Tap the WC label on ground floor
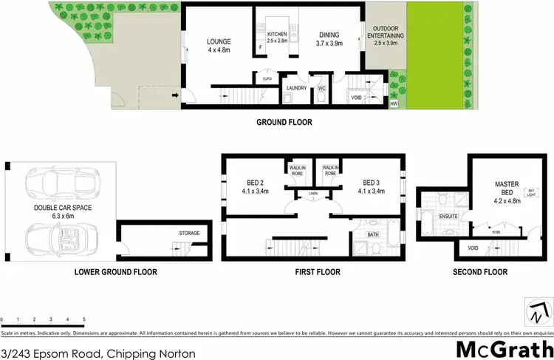321,88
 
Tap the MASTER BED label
508,188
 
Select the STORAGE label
190,234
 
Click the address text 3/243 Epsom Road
98,353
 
